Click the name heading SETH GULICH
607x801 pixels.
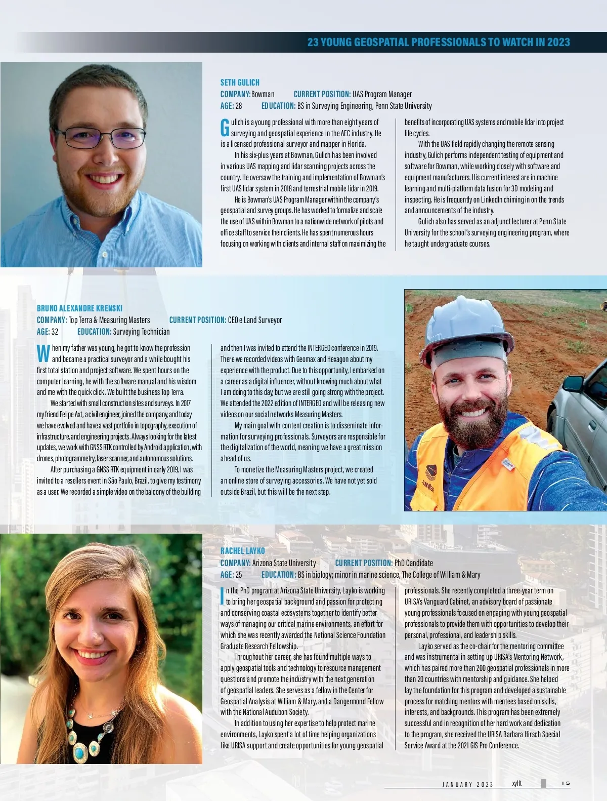click(x=240, y=83)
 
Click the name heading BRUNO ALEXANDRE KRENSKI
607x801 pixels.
click(x=79, y=308)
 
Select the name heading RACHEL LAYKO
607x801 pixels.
click(x=242, y=551)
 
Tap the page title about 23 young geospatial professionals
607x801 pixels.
click(x=438, y=43)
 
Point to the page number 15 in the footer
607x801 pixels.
click(x=566, y=783)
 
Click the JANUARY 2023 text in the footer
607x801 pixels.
click(x=467, y=784)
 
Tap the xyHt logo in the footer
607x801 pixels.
click(x=516, y=783)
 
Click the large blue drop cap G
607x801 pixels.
click(x=225, y=128)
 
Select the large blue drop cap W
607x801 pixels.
click(x=43, y=353)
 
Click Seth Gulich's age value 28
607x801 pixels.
click(x=238, y=106)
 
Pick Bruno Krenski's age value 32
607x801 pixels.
click(x=55, y=332)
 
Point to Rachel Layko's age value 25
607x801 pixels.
click(x=238, y=575)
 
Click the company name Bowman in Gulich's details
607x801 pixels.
click(x=263, y=94)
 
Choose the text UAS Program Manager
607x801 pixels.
click(x=382, y=94)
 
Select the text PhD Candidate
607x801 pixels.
click(x=413, y=563)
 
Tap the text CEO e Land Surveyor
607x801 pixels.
click(x=254, y=320)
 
